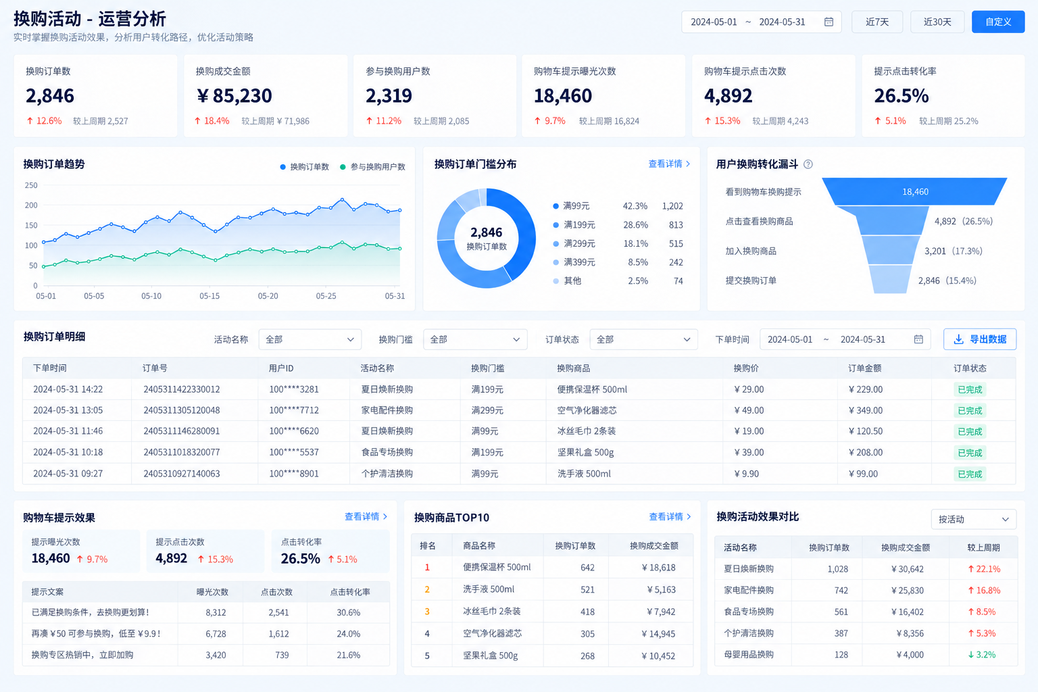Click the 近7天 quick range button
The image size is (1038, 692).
pyautogui.click(x=876, y=22)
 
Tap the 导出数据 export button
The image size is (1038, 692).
pyautogui.click(x=980, y=339)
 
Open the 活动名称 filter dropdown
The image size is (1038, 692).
pyautogui.click(x=310, y=339)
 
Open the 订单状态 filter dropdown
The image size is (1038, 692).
pyautogui.click(x=643, y=339)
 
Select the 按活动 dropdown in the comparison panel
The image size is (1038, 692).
pyautogui.click(x=974, y=519)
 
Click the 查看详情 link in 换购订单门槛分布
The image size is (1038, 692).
pyautogui.click(x=668, y=164)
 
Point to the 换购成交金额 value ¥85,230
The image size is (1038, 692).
pyautogui.click(x=234, y=95)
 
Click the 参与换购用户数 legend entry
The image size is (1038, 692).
pyautogui.click(x=372, y=167)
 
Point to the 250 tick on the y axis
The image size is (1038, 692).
pyautogui.click(x=31, y=185)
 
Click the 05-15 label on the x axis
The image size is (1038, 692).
pyautogui.click(x=209, y=296)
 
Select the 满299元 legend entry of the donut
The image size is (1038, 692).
pyautogui.click(x=574, y=243)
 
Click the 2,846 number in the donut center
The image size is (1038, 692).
pyautogui.click(x=486, y=232)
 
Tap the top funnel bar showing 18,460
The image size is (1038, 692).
pyautogui.click(x=915, y=191)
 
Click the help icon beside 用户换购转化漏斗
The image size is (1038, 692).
pyautogui.click(x=808, y=164)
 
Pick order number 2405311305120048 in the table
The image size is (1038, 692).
pyautogui.click(x=182, y=410)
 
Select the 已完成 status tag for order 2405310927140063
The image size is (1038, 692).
pyautogui.click(x=970, y=474)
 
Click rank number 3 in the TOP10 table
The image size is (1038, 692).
pyautogui.click(x=427, y=612)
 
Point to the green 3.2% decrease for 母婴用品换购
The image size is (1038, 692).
pyautogui.click(x=981, y=654)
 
